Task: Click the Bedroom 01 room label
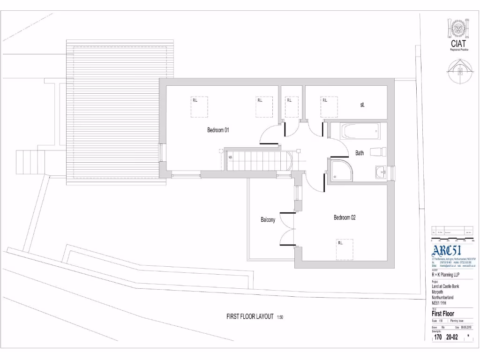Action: pyautogui.click(x=218, y=130)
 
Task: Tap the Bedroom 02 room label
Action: pyautogui.click(x=345, y=217)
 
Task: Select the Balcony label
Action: pyautogui.click(x=268, y=220)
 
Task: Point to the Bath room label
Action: pyautogui.click(x=360, y=153)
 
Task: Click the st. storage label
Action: pyautogui.click(x=362, y=105)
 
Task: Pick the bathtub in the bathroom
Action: pyautogui.click(x=360, y=131)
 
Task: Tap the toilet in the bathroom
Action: pyautogui.click(x=378, y=152)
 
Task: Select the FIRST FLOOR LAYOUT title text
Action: pyautogui.click(x=250, y=316)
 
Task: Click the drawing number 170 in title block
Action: pyautogui.click(x=438, y=337)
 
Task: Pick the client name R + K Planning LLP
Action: pyautogui.click(x=446, y=275)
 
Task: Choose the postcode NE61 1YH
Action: pyautogui.click(x=440, y=302)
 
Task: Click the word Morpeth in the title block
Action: pyautogui.click(x=438, y=292)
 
